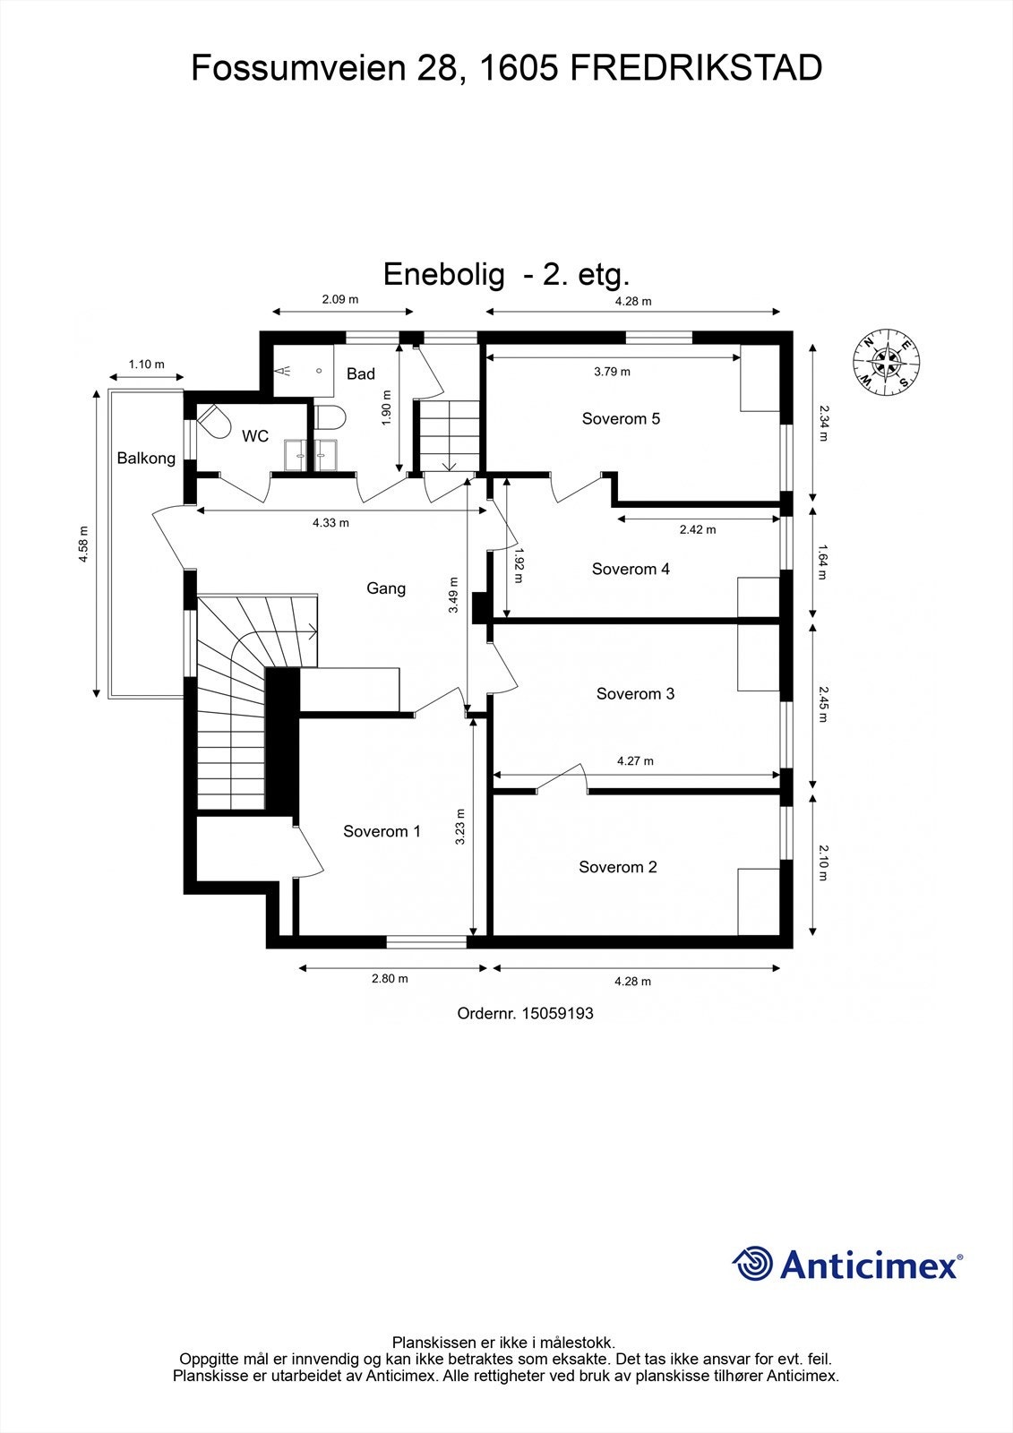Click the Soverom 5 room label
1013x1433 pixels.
pos(621,418)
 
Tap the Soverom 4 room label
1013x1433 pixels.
pos(631,569)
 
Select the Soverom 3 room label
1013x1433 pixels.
pos(635,693)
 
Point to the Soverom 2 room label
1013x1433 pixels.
pos(617,867)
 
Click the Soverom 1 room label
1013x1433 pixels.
pos(382,831)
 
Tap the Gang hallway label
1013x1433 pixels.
pos(386,588)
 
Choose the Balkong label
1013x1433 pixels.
pos(146,458)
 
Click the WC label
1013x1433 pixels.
pos(254,436)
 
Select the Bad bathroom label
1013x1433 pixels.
pos(360,373)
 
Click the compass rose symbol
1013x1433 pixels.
pos(887,362)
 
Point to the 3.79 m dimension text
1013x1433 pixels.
pos(612,371)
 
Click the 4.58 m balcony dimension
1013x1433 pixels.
pos(83,544)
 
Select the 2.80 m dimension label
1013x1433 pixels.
pos(390,978)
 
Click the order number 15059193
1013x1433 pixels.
pos(558,1013)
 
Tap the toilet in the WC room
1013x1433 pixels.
pos(215,423)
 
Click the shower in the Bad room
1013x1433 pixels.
pos(304,371)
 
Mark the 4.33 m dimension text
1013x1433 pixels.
pos(331,523)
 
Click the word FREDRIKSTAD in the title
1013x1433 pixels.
pos(696,68)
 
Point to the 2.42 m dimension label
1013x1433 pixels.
pos(698,529)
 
